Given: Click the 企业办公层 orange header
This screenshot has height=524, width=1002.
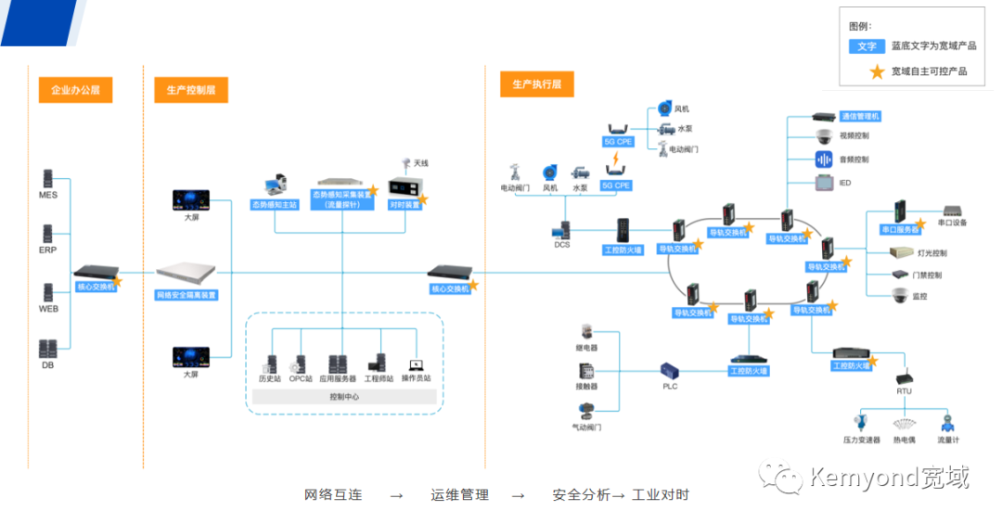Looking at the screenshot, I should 75,90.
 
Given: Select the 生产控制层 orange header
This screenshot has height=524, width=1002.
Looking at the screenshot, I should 191,90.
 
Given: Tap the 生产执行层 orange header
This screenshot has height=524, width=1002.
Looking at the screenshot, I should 537,85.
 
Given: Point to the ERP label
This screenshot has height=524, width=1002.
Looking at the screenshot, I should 48,250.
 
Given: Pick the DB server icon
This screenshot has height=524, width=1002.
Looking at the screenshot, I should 48,349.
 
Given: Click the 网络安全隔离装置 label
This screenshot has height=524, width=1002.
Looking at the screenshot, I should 186,295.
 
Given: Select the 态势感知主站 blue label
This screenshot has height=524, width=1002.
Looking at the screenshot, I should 275,204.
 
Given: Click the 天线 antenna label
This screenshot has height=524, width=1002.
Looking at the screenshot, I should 421,163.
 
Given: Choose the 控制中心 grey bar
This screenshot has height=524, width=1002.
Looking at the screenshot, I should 344,396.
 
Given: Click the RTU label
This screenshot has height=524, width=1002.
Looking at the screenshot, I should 904,391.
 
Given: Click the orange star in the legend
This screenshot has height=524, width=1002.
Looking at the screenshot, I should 873,70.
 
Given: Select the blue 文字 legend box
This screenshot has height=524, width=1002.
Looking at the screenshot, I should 867,45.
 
